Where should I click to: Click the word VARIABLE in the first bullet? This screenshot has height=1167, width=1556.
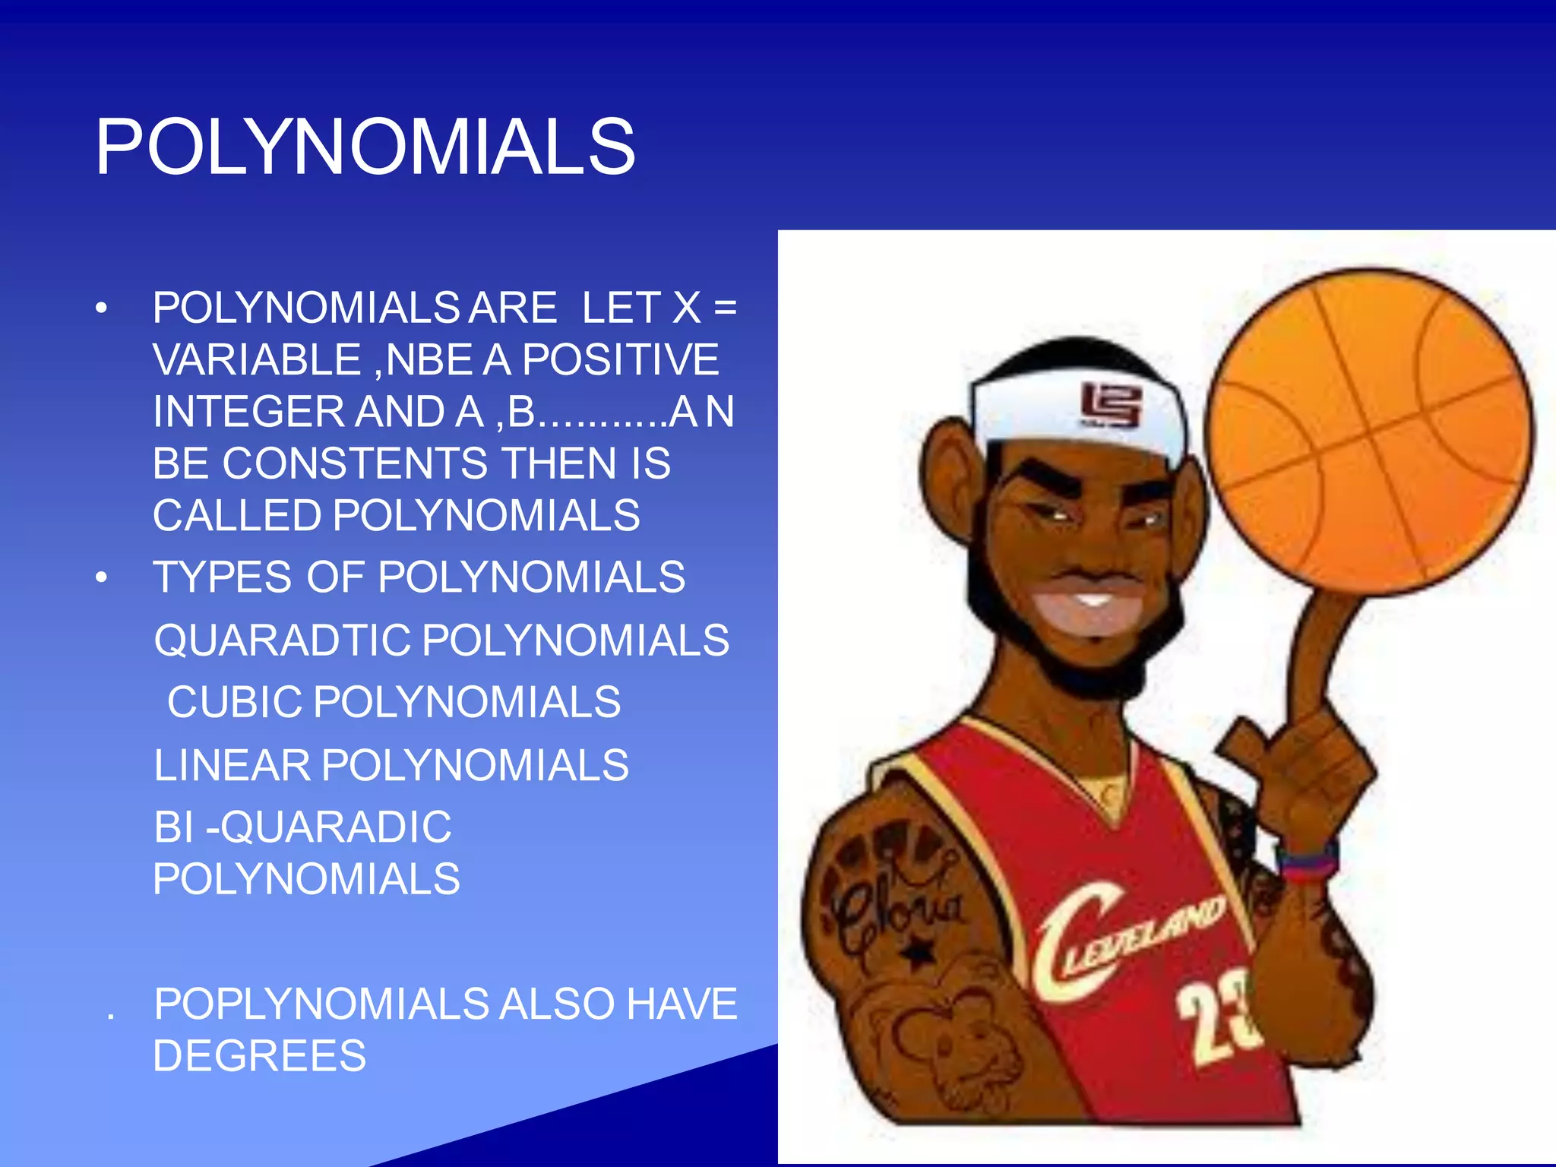[257, 359]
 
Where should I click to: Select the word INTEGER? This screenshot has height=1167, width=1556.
[248, 412]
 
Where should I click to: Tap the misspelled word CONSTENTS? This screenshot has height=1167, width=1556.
[355, 463]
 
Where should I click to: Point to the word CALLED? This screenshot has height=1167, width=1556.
[237, 516]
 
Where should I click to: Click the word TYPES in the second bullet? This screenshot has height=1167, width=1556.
[222, 577]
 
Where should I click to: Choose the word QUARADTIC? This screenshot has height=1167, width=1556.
[283, 640]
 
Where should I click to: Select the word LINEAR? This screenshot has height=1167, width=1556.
[232, 765]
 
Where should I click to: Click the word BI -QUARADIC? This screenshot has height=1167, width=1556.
[302, 827]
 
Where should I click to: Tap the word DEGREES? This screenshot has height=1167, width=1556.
[259, 1056]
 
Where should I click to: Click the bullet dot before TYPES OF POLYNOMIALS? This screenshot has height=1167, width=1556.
[102, 578]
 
